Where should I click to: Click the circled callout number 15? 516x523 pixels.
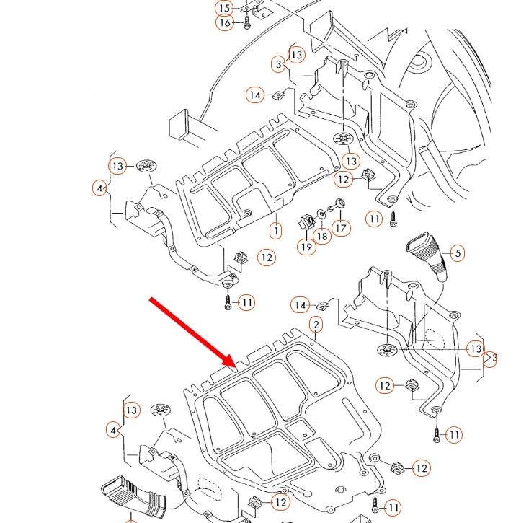(225, 8)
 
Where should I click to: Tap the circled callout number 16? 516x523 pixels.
(225, 22)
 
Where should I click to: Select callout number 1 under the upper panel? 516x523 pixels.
(276, 230)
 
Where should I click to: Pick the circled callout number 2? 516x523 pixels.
(316, 325)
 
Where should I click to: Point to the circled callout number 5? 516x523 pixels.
(458, 253)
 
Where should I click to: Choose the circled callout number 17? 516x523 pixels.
(341, 228)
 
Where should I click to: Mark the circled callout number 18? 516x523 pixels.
(322, 237)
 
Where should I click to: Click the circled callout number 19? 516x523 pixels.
(306, 247)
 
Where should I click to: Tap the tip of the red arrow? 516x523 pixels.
(237, 368)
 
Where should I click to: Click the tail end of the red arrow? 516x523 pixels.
(151, 299)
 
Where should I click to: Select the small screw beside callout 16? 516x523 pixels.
(247, 22)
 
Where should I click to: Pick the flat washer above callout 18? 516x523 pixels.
(321, 214)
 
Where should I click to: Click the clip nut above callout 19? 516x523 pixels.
(307, 222)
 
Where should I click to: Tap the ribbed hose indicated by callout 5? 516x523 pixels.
(427, 257)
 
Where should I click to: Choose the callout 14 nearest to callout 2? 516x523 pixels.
(300, 305)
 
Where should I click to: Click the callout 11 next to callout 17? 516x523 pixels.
(375, 219)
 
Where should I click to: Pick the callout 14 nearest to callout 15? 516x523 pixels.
(255, 95)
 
